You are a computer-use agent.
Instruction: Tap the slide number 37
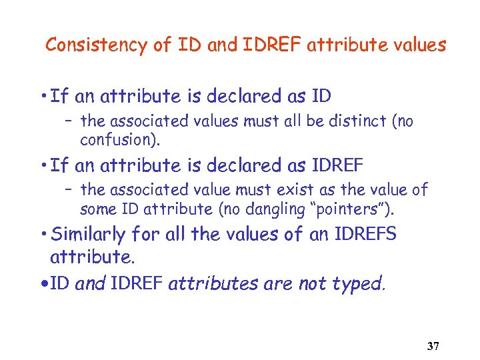pos(433,347)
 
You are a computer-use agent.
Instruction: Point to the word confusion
pos(116,140)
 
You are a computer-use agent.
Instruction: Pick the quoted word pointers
pos(348,210)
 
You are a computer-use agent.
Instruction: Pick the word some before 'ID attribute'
pos(96,210)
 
